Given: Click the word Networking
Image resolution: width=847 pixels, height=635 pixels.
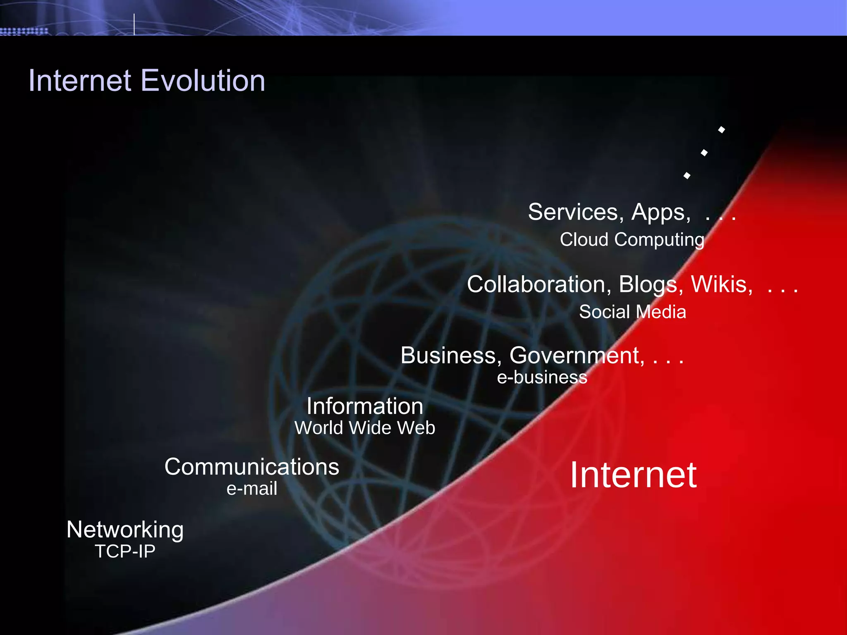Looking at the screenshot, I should [x=125, y=530].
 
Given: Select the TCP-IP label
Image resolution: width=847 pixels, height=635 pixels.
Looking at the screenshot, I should [x=125, y=551].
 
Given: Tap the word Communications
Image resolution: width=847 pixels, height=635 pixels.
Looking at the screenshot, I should [x=251, y=467].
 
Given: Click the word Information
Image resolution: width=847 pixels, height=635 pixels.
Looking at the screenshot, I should [x=365, y=406].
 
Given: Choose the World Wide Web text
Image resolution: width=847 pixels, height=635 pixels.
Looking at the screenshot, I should [x=365, y=428].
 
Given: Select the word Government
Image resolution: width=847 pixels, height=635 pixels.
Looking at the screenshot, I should [x=577, y=356].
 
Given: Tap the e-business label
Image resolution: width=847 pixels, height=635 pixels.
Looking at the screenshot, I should [x=542, y=377].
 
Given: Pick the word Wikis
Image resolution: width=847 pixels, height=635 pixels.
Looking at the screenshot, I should [x=722, y=284].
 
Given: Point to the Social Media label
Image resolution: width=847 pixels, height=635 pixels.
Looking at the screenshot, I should [x=632, y=312].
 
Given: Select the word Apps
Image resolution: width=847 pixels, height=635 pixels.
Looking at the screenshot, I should [x=661, y=212].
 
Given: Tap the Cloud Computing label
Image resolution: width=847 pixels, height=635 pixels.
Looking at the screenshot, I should [x=632, y=240].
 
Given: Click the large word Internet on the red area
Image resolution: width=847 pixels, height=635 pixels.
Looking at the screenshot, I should [x=633, y=475].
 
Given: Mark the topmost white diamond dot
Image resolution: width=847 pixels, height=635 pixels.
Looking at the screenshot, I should [x=722, y=130].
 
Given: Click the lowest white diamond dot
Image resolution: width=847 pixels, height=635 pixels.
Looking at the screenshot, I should [x=687, y=176].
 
